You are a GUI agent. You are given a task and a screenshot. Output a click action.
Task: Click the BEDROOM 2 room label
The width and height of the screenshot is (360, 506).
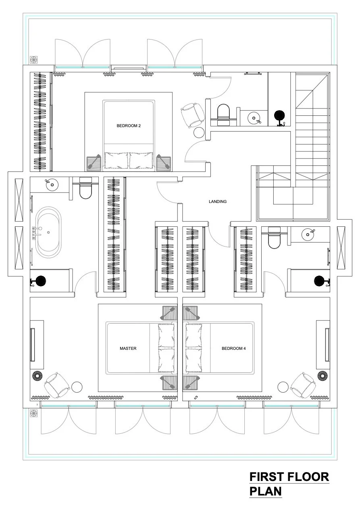(x=129, y=126)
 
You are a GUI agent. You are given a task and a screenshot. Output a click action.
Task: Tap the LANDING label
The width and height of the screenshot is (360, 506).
(x=218, y=201)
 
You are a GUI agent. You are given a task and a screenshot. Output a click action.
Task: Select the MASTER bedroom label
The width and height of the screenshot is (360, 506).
(x=128, y=348)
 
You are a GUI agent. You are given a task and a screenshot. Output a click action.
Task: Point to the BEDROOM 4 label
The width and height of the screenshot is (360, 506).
(x=234, y=348)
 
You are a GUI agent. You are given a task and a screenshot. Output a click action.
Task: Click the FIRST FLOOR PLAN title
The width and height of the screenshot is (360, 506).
(x=289, y=484)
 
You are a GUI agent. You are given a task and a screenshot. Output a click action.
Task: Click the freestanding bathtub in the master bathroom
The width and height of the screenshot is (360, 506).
(x=48, y=232)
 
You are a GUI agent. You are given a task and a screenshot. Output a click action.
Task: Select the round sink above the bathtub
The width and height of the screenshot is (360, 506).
(x=51, y=185)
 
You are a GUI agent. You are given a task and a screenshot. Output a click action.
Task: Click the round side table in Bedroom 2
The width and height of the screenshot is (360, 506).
(x=199, y=133)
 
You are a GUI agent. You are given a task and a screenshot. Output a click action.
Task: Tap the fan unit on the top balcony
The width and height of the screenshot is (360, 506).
(x=34, y=60)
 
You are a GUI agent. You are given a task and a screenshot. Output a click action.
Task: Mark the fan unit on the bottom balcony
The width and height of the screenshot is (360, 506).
(x=34, y=414)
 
